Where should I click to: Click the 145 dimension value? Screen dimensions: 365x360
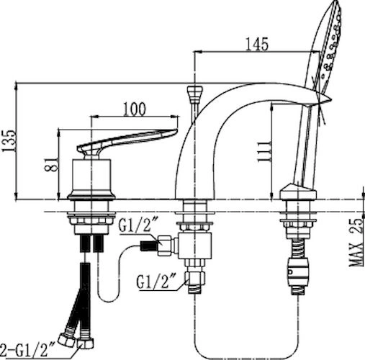coord(257,44)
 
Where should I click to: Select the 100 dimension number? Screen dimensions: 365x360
coord(135,109)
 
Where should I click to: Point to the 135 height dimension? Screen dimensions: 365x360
coord(9,141)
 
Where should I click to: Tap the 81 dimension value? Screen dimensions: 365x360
coord(51,164)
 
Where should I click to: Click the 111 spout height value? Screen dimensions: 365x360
coord(264,151)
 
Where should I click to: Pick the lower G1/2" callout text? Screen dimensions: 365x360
coord(156,282)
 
